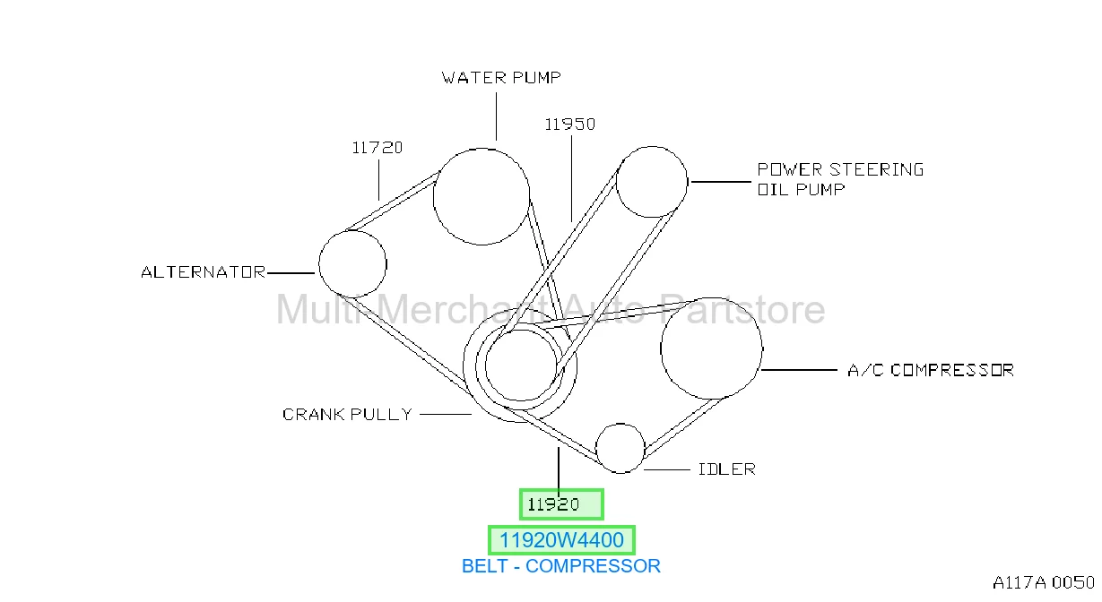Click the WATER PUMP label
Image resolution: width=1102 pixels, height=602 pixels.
501,78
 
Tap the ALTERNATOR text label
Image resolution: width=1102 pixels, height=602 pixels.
204,272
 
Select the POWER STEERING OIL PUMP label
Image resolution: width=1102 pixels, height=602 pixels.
840,179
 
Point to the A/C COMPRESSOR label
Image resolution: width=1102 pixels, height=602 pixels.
931,370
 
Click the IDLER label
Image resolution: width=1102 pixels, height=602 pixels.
726,469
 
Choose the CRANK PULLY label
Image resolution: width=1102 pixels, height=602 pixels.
347,414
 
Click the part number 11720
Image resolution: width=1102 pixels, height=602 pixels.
377,148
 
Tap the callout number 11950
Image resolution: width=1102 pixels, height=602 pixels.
570,125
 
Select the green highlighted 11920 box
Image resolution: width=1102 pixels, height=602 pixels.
561,504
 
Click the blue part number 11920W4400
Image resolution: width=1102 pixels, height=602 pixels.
561,540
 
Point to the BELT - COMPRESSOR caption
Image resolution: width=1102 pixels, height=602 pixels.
560,566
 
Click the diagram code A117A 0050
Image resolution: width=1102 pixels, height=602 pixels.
1044,582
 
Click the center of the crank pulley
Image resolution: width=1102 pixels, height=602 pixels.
520,365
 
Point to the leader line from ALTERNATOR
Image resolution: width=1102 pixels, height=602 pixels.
291,272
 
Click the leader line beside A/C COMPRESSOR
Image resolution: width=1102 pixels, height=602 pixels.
800,370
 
